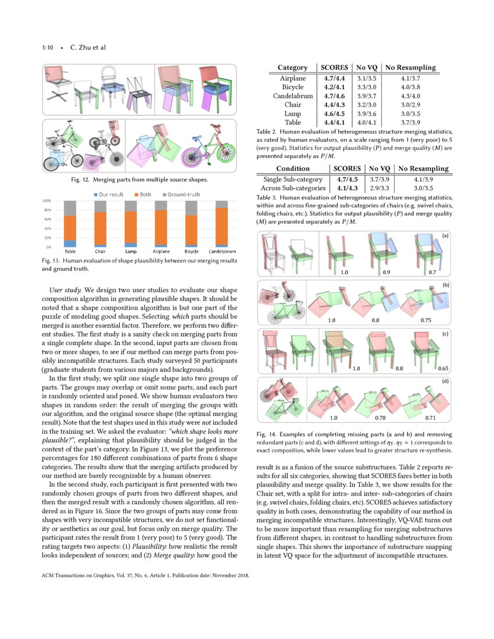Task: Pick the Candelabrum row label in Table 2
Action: click(293, 96)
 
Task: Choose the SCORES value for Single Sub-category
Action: click(345, 180)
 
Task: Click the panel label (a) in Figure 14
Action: click(445, 236)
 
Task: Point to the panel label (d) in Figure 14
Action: click(445, 382)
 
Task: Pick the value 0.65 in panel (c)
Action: click(443, 368)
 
